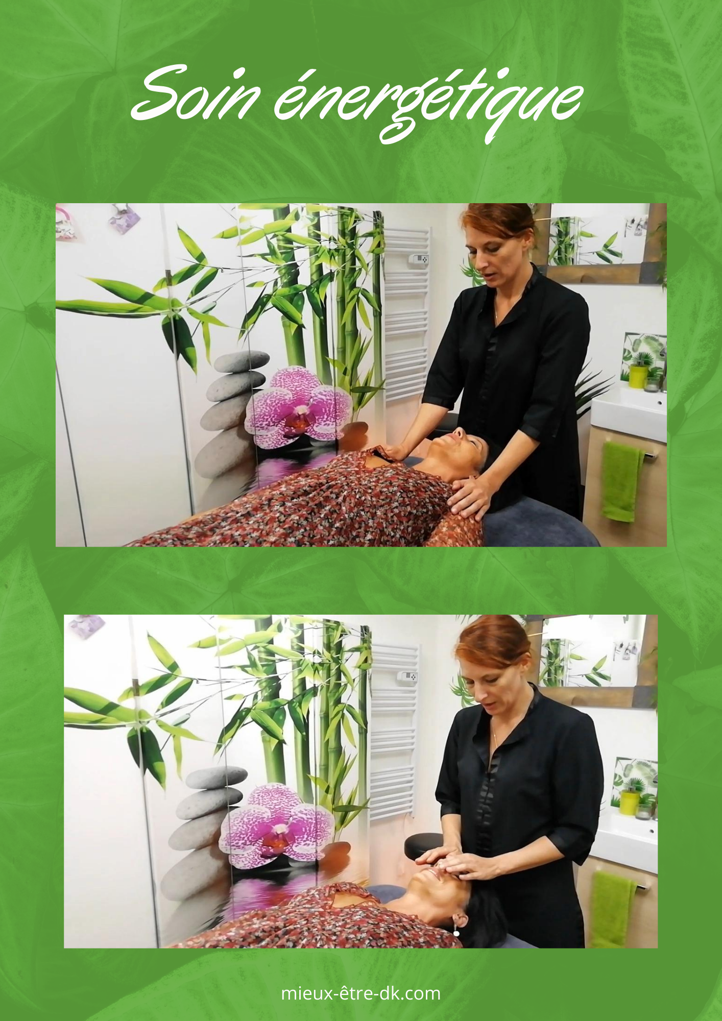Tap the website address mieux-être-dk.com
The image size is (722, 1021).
pos(360,993)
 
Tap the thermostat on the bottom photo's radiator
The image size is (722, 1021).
pos(407,677)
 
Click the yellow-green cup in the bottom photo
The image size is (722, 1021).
pos(629,802)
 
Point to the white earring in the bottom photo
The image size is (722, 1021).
pos(456,933)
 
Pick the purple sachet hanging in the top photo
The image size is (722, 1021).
pos(124,220)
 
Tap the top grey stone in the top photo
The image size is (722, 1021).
pos(242,361)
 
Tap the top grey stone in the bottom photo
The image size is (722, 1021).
pos(216,777)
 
